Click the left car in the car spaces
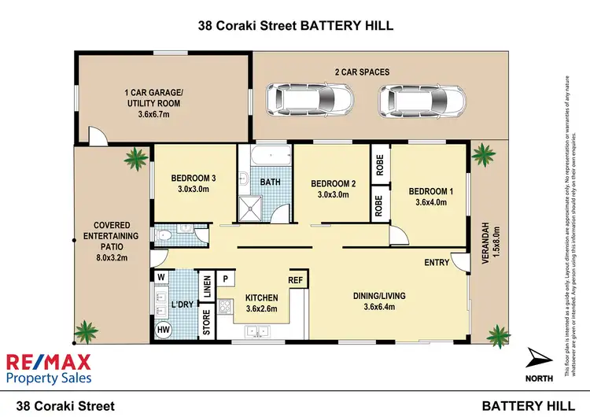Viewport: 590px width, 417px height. tap(298, 100)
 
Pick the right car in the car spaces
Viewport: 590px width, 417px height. tap(408, 100)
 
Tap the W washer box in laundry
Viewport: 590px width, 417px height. tap(161, 278)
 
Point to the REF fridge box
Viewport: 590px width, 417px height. tap(296, 279)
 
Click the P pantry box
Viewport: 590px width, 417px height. tap(226, 279)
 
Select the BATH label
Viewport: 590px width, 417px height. tap(271, 182)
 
